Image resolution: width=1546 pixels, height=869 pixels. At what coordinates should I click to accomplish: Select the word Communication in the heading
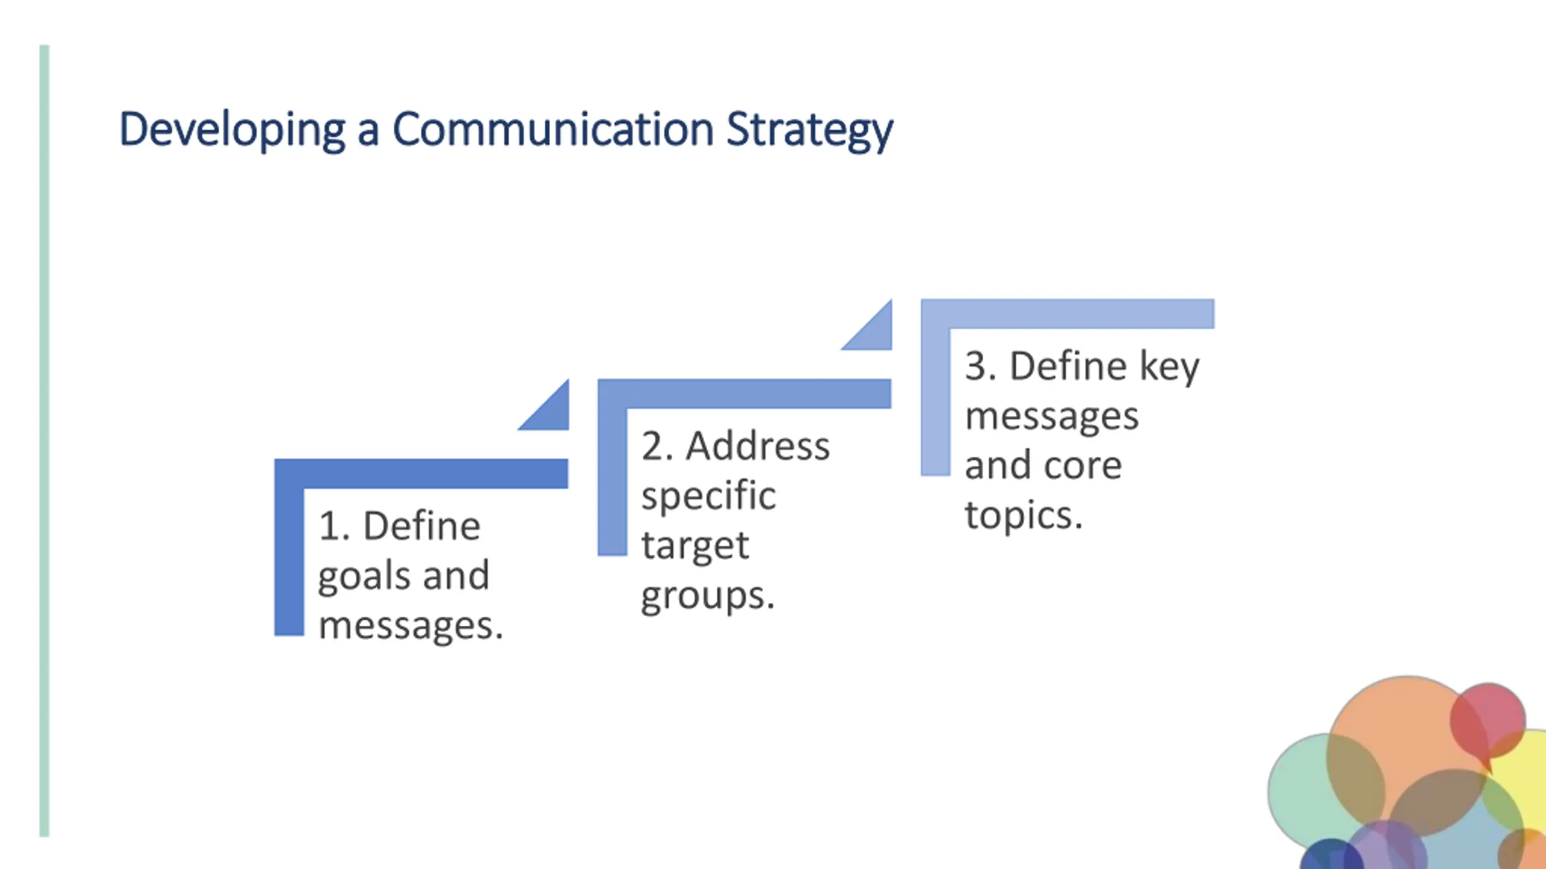553,129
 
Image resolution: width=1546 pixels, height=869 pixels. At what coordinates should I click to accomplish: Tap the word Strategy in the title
809,129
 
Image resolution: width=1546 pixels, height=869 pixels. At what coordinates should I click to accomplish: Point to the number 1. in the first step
334,526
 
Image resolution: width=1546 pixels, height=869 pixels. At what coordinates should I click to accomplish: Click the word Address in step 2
758,447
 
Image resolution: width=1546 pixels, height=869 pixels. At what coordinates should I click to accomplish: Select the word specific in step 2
708,497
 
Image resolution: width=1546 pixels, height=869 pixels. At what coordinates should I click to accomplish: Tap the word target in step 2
694,546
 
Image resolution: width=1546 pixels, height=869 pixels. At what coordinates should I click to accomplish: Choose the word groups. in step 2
707,596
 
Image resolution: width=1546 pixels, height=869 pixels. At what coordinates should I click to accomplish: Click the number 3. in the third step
980,366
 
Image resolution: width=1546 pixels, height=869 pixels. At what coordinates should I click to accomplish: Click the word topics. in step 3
1024,515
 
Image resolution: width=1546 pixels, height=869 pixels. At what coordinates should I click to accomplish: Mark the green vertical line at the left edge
44,441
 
